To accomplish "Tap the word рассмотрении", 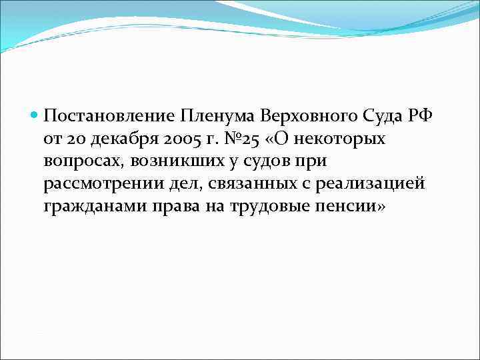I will tap(96, 185).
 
